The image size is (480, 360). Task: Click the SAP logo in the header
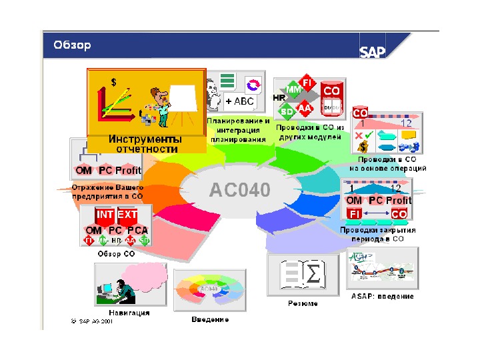[373, 52]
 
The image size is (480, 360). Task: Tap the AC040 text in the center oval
[240, 190]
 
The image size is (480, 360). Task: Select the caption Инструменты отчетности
[144, 144]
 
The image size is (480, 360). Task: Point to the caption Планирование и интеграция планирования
[238, 131]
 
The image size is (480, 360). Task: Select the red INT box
[105, 215]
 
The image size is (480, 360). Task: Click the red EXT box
[127, 215]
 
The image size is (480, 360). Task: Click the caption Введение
[210, 319]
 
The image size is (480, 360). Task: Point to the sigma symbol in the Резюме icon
[312, 274]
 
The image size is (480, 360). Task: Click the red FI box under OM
[354, 214]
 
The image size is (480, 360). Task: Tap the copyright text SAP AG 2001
[91, 321]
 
